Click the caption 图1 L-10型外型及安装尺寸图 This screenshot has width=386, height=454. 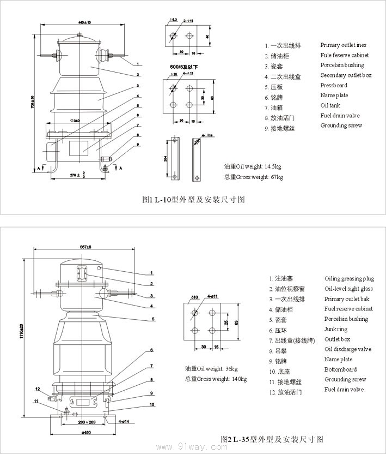click(193, 200)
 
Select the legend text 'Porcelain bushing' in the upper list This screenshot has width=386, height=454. click(345, 65)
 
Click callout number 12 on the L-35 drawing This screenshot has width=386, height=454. click(38, 389)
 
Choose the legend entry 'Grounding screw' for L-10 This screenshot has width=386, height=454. click(341, 126)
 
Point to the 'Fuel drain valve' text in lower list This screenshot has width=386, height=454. click(344, 390)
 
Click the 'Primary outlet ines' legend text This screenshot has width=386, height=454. click(344, 45)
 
